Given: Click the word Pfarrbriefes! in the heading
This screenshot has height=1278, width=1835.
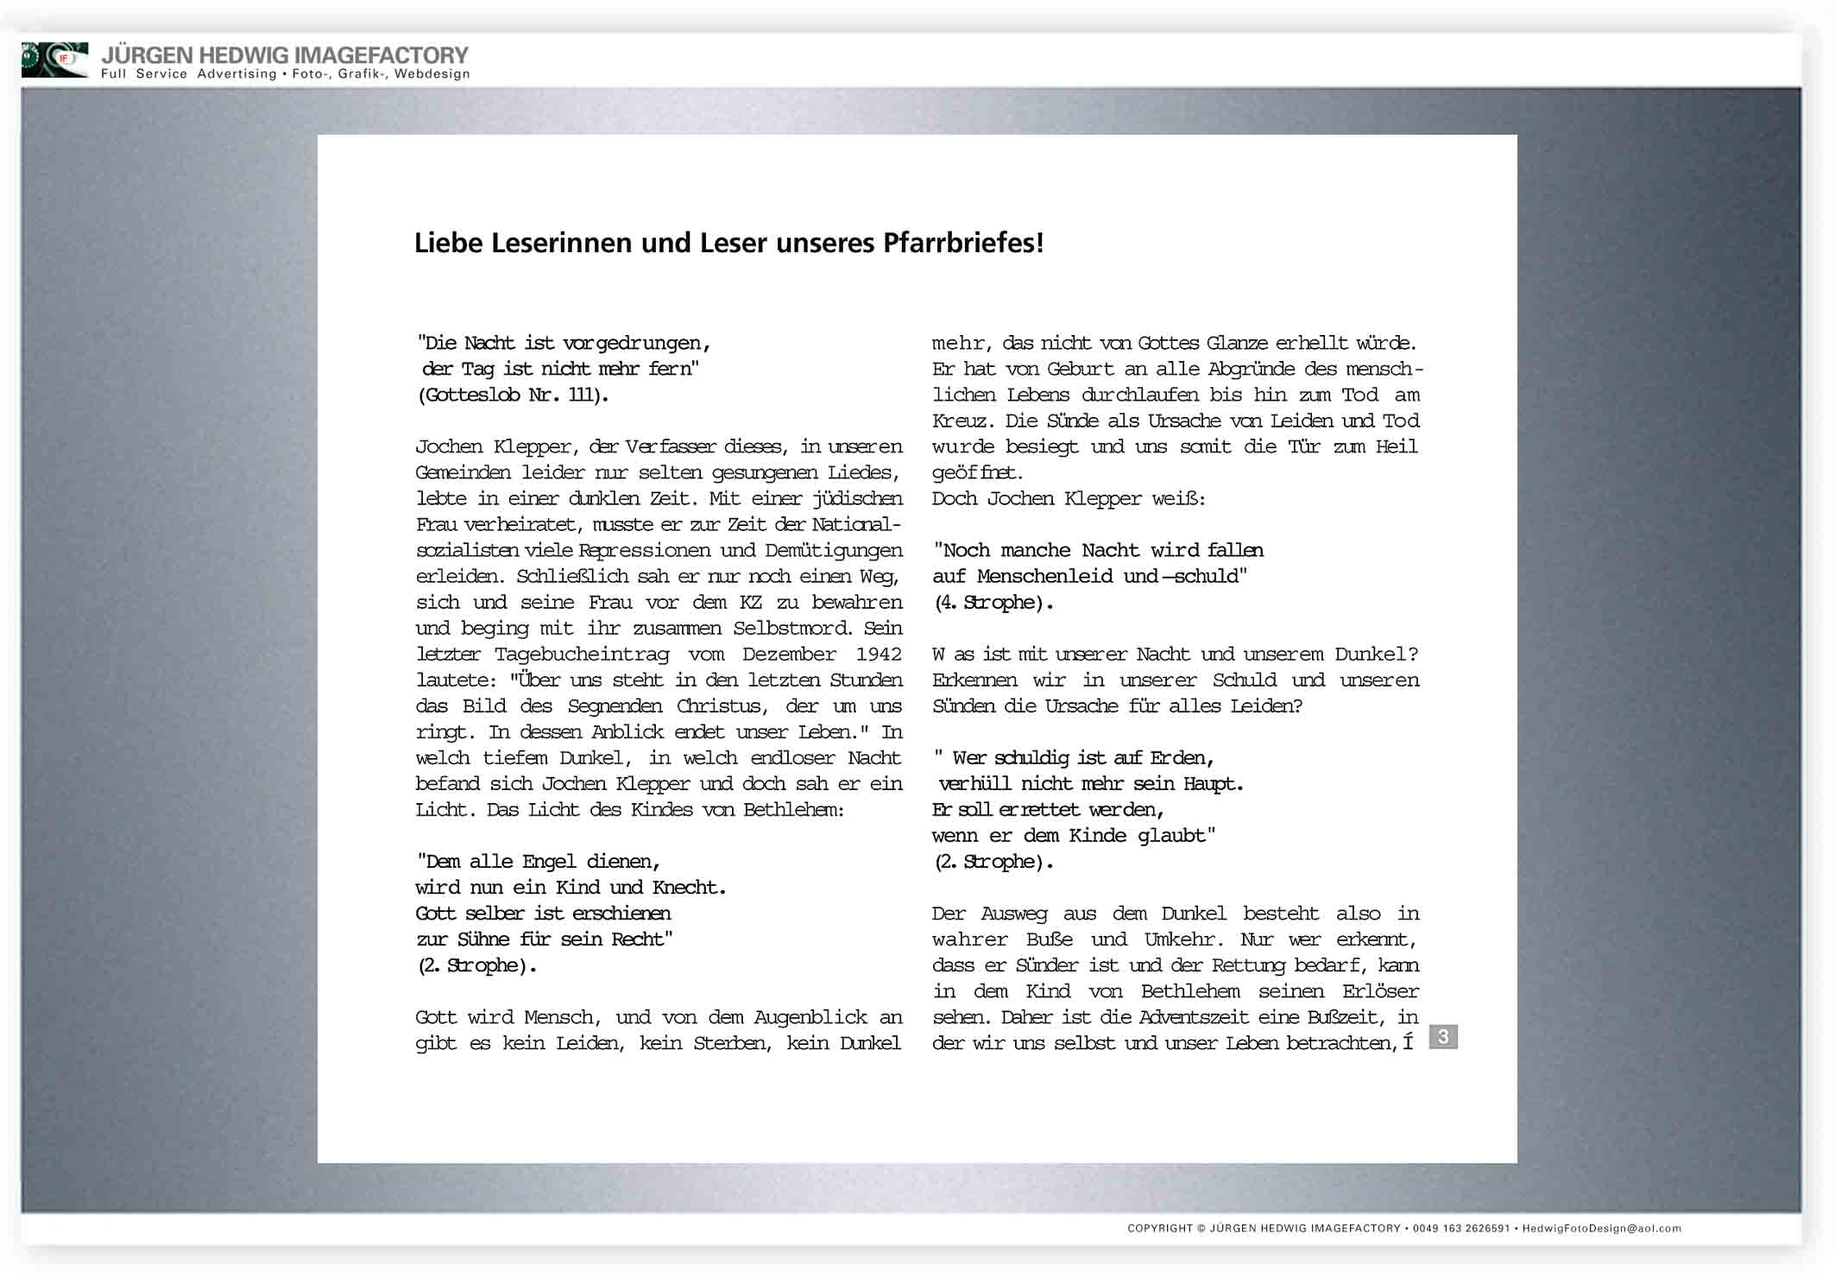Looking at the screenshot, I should click(962, 244).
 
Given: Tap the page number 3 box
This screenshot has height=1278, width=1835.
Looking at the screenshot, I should click(1442, 1036).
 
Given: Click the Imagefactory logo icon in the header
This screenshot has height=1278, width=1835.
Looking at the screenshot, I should click(54, 60).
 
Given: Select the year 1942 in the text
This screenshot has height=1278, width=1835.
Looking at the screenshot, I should click(878, 655).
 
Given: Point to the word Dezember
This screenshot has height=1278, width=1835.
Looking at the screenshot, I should click(788, 655).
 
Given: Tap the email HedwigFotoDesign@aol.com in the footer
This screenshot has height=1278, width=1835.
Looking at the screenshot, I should click(1601, 1228).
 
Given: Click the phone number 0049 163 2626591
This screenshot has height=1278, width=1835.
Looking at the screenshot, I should click(1460, 1228).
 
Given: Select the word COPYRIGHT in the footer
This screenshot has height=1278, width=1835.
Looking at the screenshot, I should click(1159, 1228).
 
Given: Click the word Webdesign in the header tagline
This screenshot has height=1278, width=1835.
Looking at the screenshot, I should click(432, 74).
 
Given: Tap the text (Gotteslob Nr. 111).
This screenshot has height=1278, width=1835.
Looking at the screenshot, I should click(513, 395).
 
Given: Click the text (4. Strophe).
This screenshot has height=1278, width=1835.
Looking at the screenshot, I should click(993, 603).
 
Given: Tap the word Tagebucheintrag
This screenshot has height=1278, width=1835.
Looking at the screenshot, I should click(582, 655).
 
